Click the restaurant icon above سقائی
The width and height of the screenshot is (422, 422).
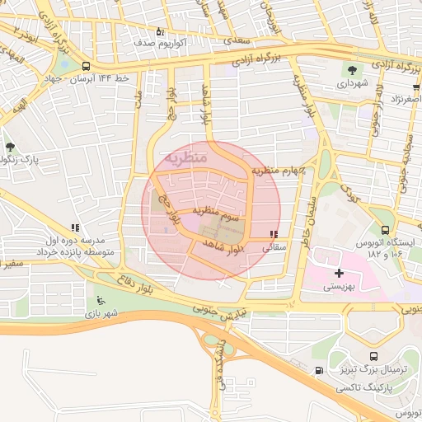click(x=274, y=235)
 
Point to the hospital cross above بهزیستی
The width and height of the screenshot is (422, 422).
click(x=339, y=273)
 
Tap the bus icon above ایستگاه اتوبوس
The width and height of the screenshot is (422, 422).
click(x=385, y=230)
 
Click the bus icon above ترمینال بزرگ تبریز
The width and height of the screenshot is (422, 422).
click(x=374, y=357)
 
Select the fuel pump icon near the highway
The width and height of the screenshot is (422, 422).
click(x=319, y=370)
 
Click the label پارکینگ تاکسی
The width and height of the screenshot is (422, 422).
click(x=368, y=386)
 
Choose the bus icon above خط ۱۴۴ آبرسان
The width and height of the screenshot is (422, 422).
click(x=87, y=65)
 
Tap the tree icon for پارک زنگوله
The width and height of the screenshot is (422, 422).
click(x=10, y=146)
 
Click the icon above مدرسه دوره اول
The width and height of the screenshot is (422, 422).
click(x=75, y=227)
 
